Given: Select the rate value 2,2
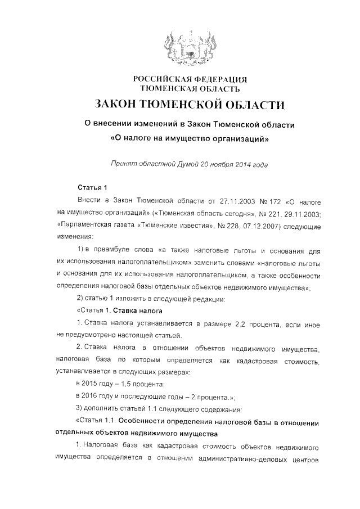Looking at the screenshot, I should pos(232,323).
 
